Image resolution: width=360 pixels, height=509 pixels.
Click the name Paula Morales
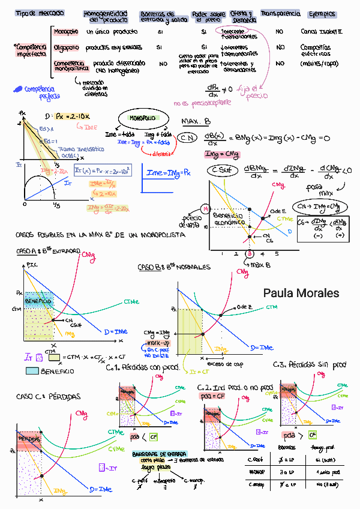301,294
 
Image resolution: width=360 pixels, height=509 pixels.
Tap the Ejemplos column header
322,14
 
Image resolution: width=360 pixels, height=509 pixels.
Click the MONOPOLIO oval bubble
140,119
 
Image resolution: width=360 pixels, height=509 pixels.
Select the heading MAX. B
196,121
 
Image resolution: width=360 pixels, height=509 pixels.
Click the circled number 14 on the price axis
205,209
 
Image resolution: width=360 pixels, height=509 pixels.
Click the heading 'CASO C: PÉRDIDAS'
40,397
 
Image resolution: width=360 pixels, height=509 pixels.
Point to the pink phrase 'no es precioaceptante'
202,103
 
